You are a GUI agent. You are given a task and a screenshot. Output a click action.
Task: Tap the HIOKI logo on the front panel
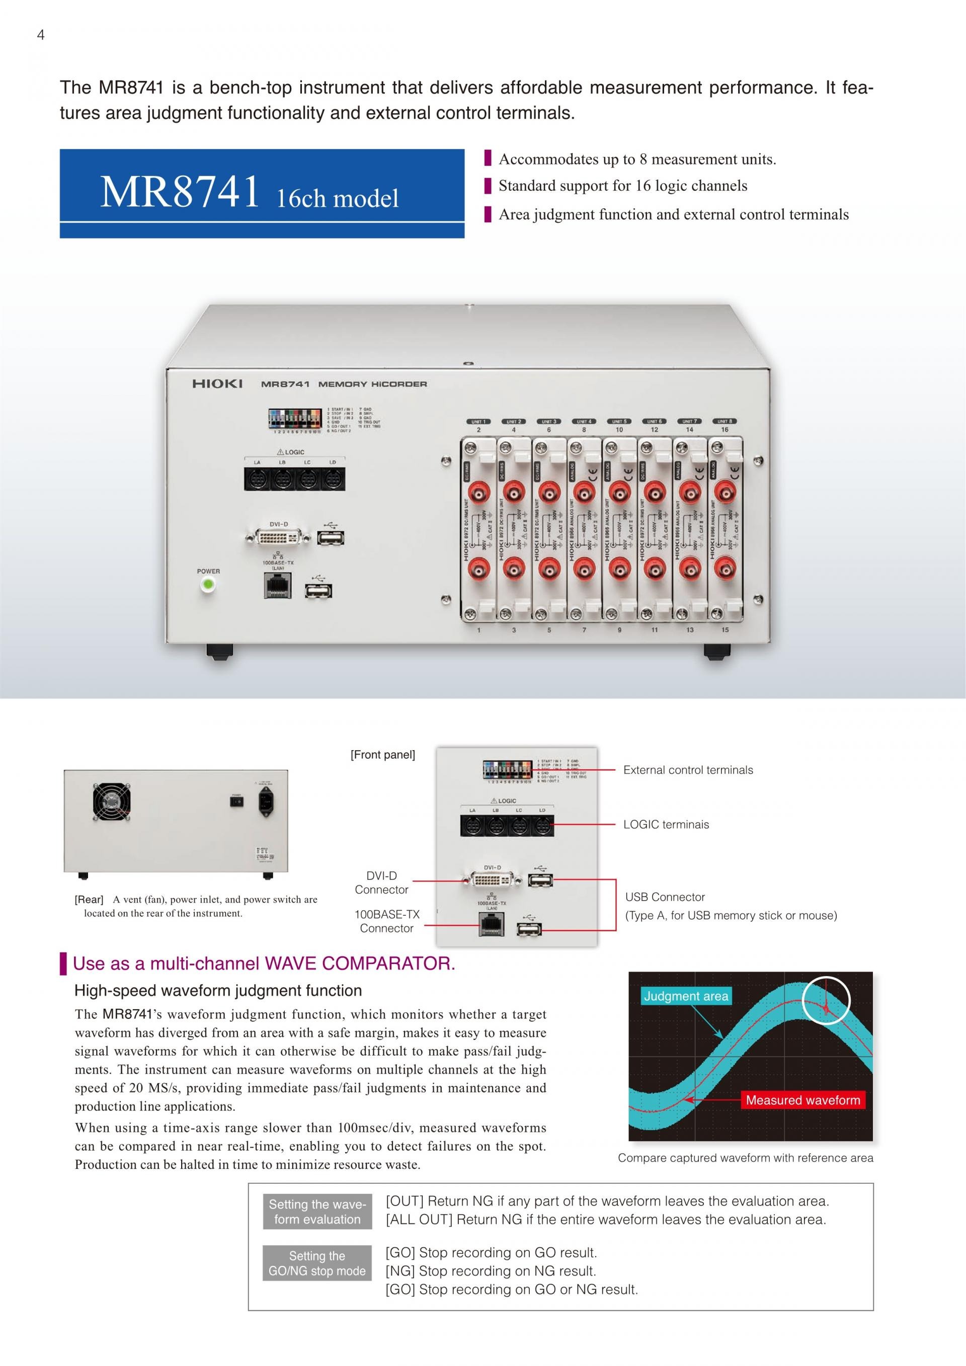pyautogui.click(x=217, y=384)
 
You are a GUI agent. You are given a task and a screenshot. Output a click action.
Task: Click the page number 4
pyautogui.click(x=40, y=35)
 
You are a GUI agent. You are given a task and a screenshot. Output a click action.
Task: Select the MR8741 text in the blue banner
pyautogui.click(x=180, y=192)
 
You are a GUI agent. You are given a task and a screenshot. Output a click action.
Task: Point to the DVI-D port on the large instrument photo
pyautogui.click(x=278, y=538)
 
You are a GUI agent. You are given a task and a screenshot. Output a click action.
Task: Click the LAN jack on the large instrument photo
pyautogui.click(x=278, y=586)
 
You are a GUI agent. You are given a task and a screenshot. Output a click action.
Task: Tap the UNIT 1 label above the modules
pyautogui.click(x=478, y=421)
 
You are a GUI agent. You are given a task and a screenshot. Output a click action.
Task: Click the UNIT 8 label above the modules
pyautogui.click(x=725, y=421)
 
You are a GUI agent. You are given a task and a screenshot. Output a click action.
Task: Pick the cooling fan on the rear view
pyautogui.click(x=111, y=802)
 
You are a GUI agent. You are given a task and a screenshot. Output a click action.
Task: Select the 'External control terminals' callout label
pyautogui.click(x=688, y=770)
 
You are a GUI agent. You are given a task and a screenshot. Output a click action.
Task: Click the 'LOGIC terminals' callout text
pyautogui.click(x=666, y=825)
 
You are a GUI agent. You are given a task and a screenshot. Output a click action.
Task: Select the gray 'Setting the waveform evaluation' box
pyautogui.click(x=317, y=1212)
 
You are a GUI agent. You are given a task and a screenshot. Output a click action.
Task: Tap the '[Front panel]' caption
pyautogui.click(x=382, y=755)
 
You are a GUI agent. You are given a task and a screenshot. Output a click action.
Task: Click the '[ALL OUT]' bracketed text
pyautogui.click(x=421, y=1220)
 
